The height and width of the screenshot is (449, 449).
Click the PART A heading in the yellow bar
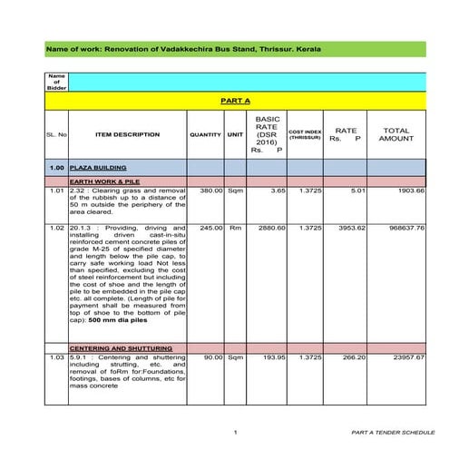(x=235, y=101)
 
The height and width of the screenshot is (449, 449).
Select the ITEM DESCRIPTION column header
(x=127, y=135)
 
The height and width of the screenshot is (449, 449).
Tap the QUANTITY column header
(x=206, y=135)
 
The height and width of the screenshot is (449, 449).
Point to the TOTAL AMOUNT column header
(x=395, y=135)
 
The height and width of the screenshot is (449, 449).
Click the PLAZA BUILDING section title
(x=96, y=169)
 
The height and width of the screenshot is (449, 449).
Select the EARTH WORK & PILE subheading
(x=101, y=182)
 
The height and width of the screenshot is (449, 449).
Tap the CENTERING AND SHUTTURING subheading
(x=113, y=348)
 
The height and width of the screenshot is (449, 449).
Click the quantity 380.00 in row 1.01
(x=210, y=191)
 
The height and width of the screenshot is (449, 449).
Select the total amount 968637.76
(x=402, y=228)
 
